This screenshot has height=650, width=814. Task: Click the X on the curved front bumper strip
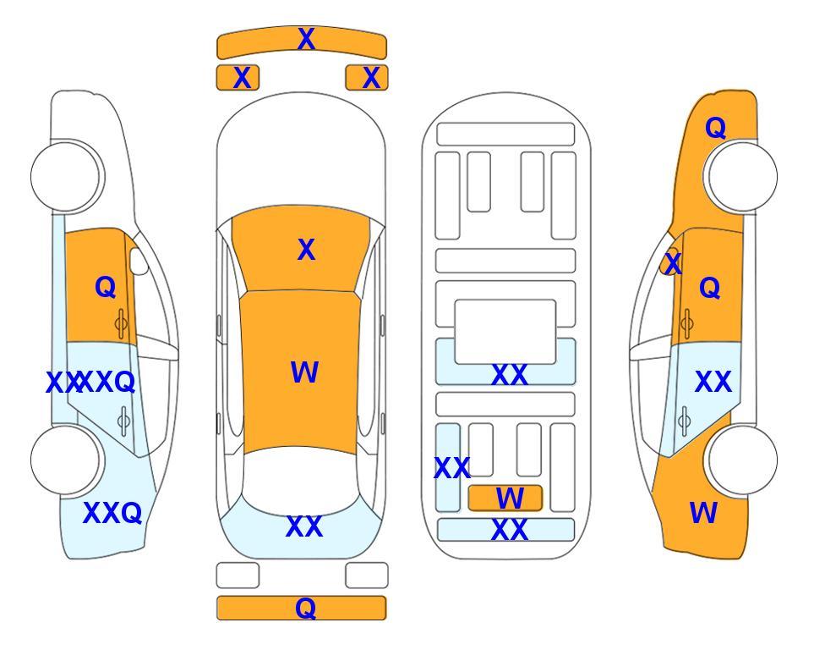306,39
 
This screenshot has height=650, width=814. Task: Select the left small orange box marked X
238,78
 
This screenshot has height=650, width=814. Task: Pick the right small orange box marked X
367,78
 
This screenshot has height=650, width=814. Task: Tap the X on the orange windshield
306,250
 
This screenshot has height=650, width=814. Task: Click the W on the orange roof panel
304,372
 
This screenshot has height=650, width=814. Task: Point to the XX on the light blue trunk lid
304,526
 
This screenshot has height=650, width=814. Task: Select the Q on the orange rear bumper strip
306,608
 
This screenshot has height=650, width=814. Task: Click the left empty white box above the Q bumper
238,576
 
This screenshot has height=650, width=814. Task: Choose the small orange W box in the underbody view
505,499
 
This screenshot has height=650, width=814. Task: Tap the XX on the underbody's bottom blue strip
509,530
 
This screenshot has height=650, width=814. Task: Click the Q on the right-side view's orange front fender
715,128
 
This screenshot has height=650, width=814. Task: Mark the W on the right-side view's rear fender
703,513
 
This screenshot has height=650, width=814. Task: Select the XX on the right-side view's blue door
713,382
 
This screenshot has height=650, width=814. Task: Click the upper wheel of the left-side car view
66,177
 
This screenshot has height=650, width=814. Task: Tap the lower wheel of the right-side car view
742,460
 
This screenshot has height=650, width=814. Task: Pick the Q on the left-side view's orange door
106,287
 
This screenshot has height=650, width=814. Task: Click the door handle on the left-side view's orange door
121,323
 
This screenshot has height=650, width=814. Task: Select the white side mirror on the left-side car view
139,261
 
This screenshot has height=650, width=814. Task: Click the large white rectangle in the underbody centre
505,332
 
